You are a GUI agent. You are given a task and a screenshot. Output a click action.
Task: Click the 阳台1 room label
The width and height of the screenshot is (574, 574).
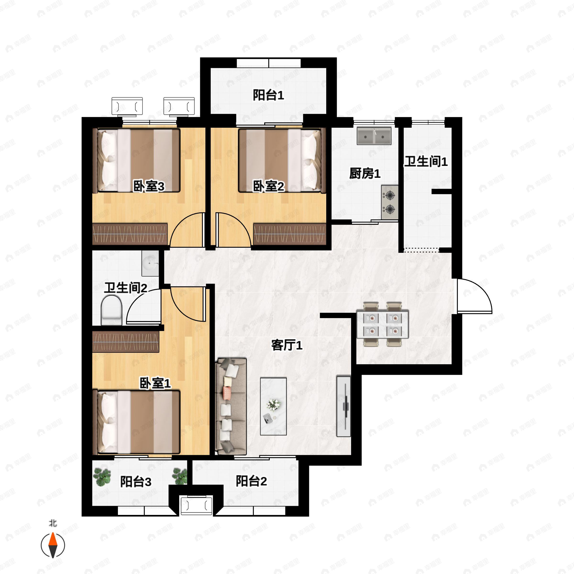268,95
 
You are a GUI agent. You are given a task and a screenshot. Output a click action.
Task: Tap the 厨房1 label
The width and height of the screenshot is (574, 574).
364,173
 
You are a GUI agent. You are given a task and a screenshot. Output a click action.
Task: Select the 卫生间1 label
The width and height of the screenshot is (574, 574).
426,161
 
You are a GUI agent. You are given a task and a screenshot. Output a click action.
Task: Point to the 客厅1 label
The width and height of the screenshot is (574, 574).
287,345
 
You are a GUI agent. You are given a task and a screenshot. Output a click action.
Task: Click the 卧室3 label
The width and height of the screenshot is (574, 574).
148,187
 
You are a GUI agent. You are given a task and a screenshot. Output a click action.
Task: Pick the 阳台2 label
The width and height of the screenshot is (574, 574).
251,481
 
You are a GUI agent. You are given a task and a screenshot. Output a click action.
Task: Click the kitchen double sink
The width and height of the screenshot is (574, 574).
374,136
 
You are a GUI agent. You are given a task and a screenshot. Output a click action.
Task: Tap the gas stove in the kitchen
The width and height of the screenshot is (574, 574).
390,202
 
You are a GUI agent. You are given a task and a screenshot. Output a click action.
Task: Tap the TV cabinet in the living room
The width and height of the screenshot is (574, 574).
343,406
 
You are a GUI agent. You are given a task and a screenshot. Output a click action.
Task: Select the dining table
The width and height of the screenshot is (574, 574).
383,324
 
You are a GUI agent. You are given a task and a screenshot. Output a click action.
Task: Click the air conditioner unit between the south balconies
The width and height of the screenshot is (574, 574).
196,505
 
